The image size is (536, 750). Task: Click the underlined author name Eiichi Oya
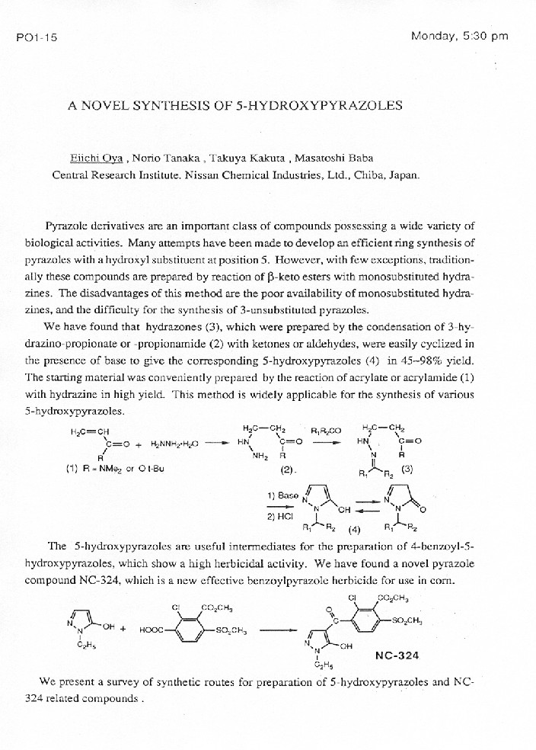[96, 159]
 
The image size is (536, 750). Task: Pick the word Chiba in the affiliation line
[364, 175]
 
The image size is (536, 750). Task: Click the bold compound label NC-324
[397, 655]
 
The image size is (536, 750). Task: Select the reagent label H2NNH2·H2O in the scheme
[174, 443]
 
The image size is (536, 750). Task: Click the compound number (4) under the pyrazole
[354, 529]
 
